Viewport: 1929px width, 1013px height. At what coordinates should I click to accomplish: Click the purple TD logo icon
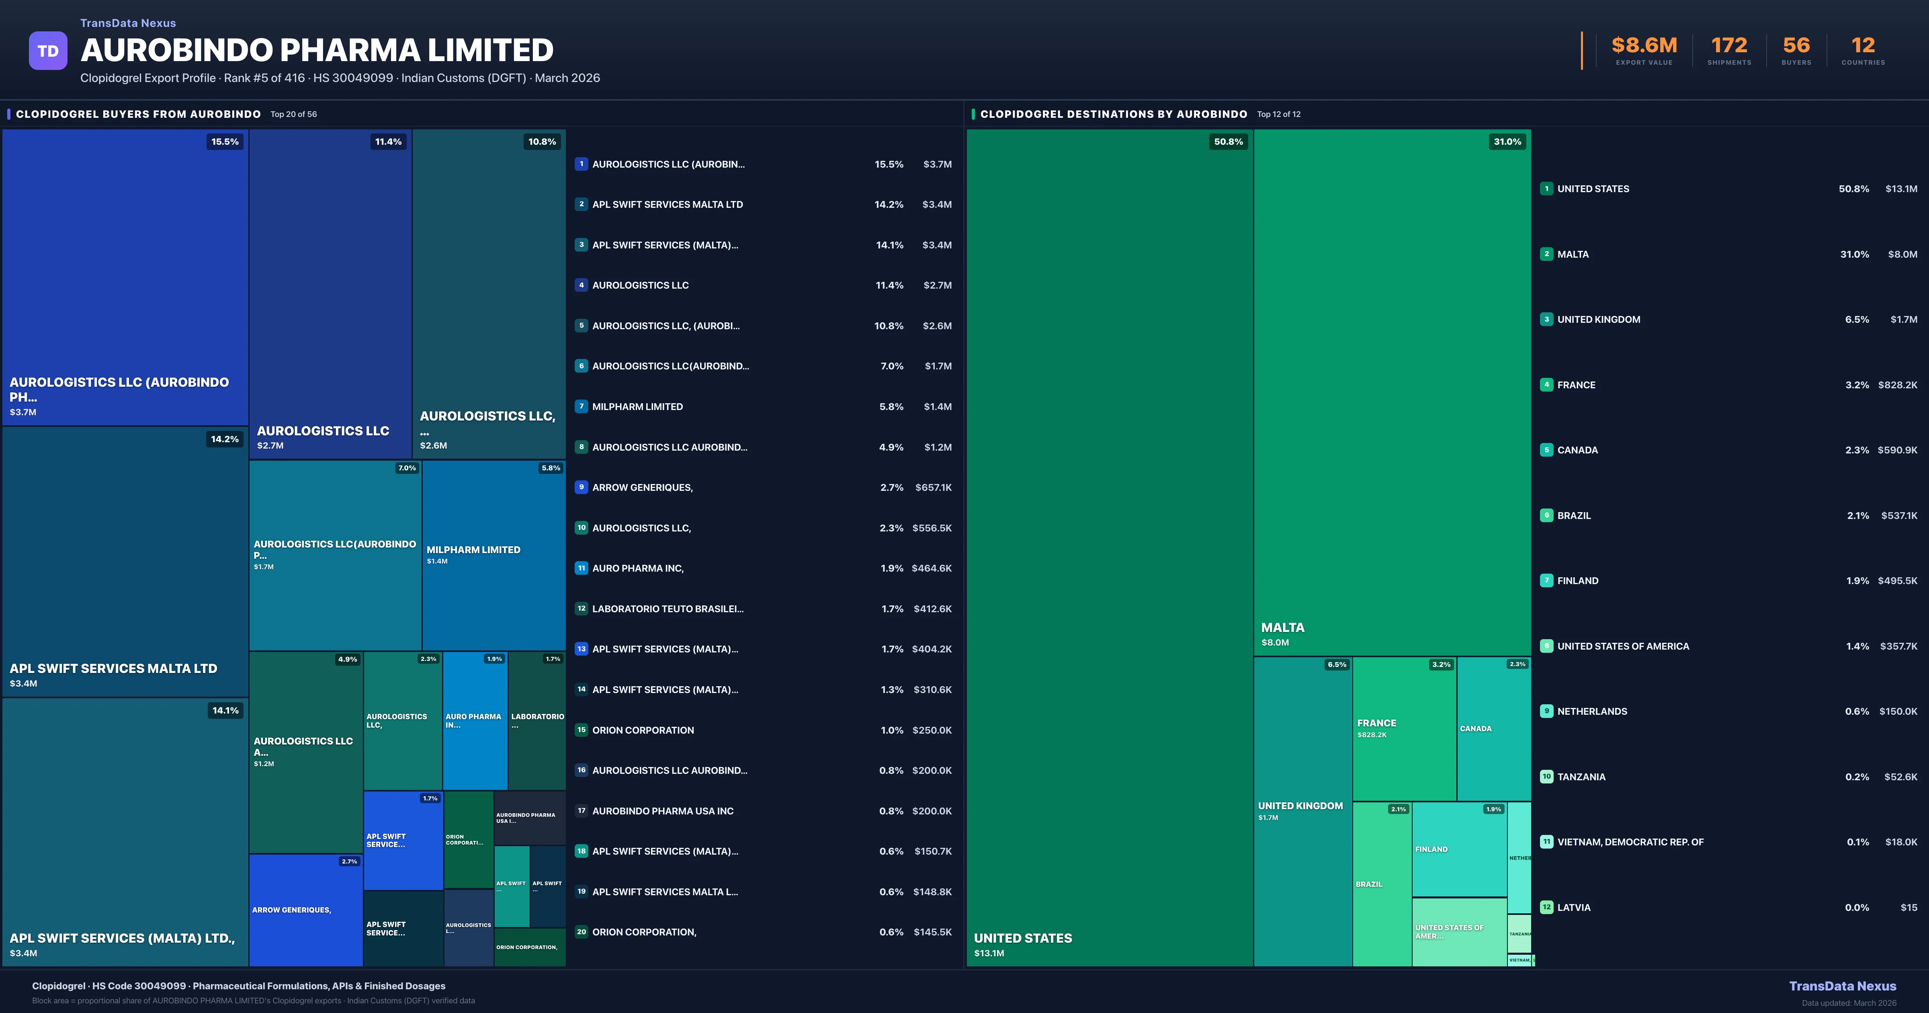(48, 51)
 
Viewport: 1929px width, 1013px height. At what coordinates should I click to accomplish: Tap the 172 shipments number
(1728, 46)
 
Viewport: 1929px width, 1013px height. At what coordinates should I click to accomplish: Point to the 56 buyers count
(1796, 46)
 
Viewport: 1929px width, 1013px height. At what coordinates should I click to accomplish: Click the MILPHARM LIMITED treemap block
(494, 554)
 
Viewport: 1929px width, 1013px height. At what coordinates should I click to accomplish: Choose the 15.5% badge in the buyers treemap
(225, 141)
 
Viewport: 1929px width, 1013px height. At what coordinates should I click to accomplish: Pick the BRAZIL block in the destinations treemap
(1382, 884)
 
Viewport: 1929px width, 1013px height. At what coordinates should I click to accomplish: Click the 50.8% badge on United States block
(1228, 141)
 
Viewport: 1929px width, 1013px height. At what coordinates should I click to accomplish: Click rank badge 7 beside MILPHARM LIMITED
(581, 406)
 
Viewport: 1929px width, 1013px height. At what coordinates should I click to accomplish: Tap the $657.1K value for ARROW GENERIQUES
(933, 488)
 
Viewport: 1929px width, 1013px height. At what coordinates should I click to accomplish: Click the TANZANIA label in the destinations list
(1581, 777)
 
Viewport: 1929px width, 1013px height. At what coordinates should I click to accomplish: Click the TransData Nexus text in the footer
(1842, 986)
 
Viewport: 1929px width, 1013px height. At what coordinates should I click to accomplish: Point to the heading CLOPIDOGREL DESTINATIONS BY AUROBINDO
(1114, 114)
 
